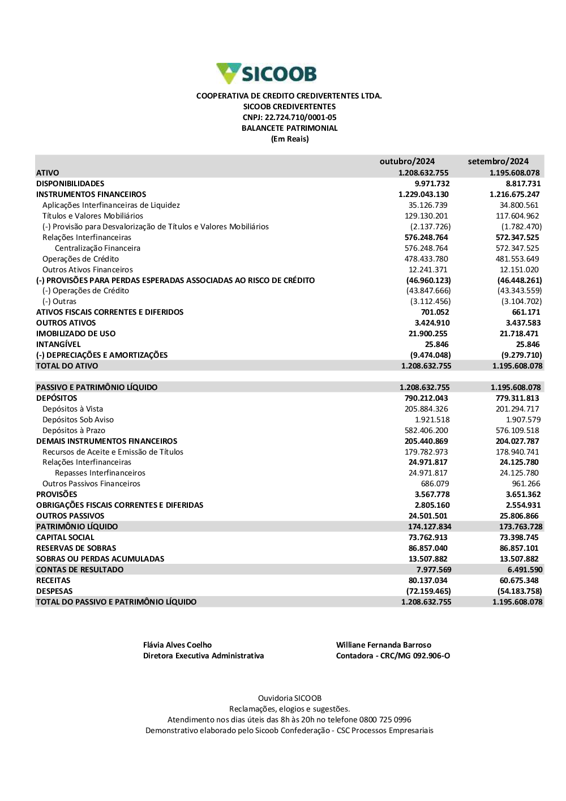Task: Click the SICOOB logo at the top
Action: (267, 74)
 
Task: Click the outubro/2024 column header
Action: (407, 161)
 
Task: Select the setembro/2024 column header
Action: (498, 161)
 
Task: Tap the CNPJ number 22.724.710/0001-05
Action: (301, 117)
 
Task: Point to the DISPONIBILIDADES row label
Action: (70, 183)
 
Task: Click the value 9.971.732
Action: (432, 183)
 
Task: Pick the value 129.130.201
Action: (426, 216)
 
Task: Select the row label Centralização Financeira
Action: (97, 248)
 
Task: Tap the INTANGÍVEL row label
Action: (58, 344)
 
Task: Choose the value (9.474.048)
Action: (430, 355)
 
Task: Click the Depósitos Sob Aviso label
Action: (78, 419)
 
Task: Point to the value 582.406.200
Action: (426, 430)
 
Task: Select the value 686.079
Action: (435, 483)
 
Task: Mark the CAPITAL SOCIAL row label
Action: (65, 537)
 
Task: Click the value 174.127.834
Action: (430, 526)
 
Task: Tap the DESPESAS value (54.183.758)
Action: (520, 591)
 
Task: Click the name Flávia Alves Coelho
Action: (177, 645)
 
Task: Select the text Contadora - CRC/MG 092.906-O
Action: (393, 656)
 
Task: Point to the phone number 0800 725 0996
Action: (385, 719)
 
